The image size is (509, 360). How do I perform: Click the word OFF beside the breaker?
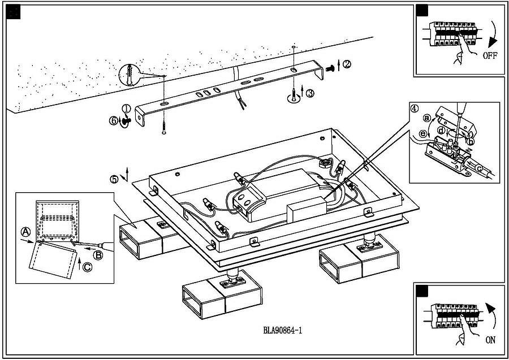tap(489, 56)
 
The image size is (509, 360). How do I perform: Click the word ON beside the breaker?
tap(490, 341)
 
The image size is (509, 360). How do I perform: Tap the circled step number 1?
tap(126, 109)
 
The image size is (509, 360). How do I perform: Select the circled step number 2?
tap(347, 64)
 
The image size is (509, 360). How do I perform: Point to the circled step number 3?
tap(310, 94)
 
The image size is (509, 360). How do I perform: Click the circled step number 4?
tap(415, 109)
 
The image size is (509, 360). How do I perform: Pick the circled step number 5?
tap(114, 180)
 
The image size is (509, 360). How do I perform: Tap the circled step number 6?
tap(114, 120)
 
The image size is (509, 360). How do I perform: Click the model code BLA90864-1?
tap(282, 331)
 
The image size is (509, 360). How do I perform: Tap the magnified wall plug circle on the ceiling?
tap(130, 75)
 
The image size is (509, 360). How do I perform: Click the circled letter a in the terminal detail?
tap(427, 119)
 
